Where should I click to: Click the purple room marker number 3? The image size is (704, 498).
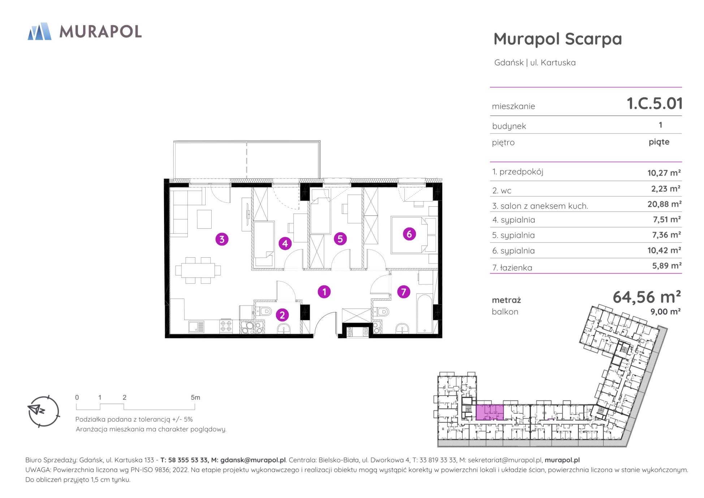pyautogui.click(x=222, y=239)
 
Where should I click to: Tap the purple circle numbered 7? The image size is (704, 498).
pyautogui.click(x=403, y=292)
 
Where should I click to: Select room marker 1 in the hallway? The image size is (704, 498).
pyautogui.click(x=324, y=292)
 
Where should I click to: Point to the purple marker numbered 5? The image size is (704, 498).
pyautogui.click(x=340, y=239)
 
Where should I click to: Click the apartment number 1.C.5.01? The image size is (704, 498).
pyautogui.click(x=654, y=103)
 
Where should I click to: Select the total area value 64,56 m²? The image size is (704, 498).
pyautogui.click(x=647, y=297)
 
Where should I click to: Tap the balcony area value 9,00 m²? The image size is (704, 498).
pyautogui.click(x=665, y=312)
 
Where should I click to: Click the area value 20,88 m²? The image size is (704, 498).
pyautogui.click(x=664, y=204)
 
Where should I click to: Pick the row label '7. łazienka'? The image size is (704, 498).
pyautogui.click(x=512, y=268)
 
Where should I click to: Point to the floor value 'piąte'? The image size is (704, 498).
pyautogui.click(x=659, y=142)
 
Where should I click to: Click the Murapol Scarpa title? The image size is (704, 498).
pyautogui.click(x=558, y=39)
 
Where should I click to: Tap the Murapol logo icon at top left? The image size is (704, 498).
pyautogui.click(x=39, y=31)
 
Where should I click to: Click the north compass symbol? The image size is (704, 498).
pyautogui.click(x=43, y=411)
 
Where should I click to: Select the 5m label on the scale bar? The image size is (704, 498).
pyautogui.click(x=195, y=398)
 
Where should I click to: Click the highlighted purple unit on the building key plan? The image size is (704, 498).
pyautogui.click(x=489, y=412)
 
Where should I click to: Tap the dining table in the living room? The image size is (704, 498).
pyautogui.click(x=198, y=270)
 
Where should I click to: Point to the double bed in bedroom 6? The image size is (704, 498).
pyautogui.click(x=414, y=235)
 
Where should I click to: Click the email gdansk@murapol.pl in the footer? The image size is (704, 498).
pyautogui.click(x=253, y=460)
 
